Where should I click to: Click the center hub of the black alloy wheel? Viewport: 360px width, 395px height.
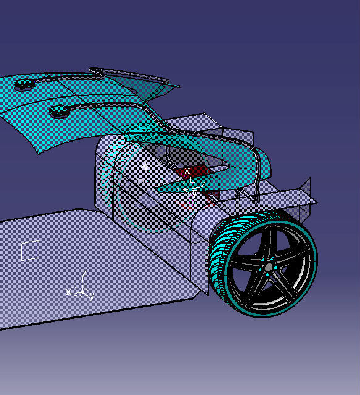pos(268,266)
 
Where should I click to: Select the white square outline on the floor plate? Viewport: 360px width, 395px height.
pos(30,250)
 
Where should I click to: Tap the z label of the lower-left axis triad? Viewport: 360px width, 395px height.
pos(84,273)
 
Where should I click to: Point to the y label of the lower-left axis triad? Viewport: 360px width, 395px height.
pos(91,296)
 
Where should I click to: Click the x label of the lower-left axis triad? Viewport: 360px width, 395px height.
pos(68,291)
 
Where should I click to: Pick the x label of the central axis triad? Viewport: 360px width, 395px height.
pos(187,171)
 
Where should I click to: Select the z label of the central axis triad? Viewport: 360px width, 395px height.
pos(203,184)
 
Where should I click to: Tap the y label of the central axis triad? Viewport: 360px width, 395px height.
pos(194,193)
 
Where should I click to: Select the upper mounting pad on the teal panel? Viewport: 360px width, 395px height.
pos(26,84)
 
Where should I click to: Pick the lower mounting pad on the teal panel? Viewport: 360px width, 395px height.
pos(60,111)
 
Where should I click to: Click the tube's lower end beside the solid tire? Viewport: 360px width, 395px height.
pos(254,197)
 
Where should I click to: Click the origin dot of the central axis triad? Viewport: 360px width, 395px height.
pos(186,189)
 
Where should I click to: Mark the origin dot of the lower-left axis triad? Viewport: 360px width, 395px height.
pos(79,292)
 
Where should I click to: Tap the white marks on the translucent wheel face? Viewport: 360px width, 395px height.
pos(146,166)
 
